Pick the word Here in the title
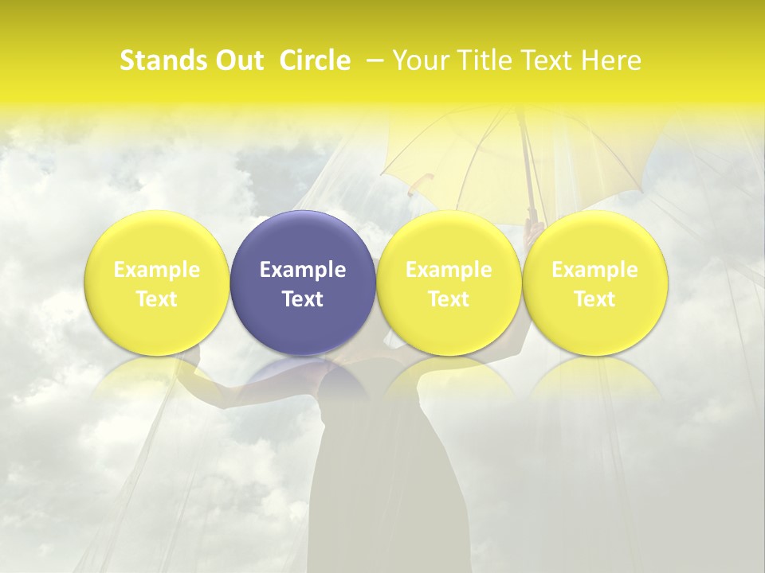(x=614, y=60)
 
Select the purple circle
(x=303, y=283)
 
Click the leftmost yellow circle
(x=157, y=283)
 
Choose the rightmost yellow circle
(x=595, y=283)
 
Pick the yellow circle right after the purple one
(x=449, y=283)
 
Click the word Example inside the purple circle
(x=303, y=270)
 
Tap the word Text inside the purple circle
(x=303, y=298)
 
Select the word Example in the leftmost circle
(x=157, y=270)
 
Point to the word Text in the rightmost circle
(x=595, y=298)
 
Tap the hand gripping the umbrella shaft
(x=535, y=230)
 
